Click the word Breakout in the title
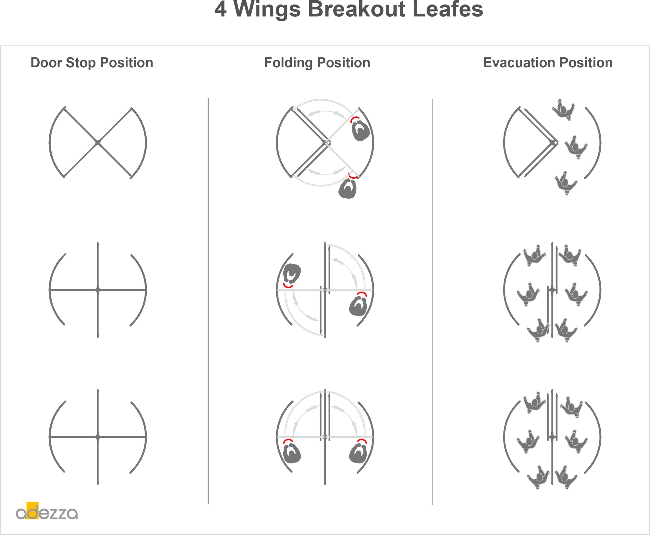pos(357,9)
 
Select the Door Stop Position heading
pos(92,63)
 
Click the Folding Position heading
pos(317,63)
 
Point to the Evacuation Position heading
pos(548,63)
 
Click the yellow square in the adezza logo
pos(32,511)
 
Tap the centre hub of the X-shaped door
pos(98,143)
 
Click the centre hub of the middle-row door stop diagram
pos(98,290)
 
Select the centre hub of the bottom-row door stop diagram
pos(98,437)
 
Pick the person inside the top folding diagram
pos(361,130)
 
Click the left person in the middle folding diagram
pos(292,274)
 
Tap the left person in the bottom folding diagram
pos(291,453)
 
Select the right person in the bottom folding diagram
pos(358,453)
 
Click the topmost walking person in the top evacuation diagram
pos(563,110)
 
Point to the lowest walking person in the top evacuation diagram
pos(566,183)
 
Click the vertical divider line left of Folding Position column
pos(208,301)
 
